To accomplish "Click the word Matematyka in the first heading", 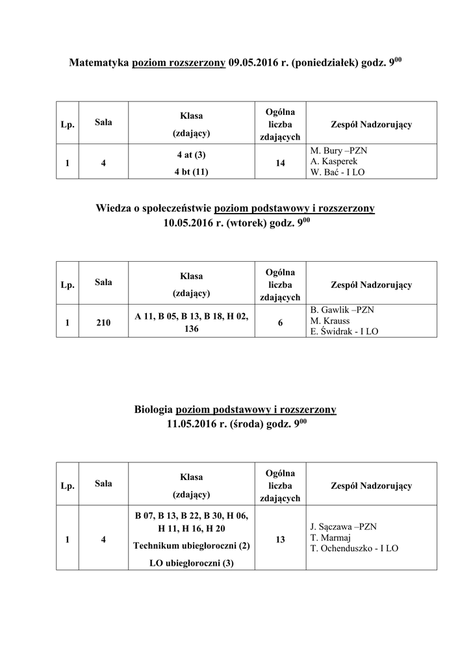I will click(x=99, y=64).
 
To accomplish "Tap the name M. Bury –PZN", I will click(x=339, y=151).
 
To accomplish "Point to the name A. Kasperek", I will click(x=335, y=162).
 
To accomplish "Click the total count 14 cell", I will click(x=280, y=164).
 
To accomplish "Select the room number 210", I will click(x=103, y=323).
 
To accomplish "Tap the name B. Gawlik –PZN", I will click(x=342, y=310).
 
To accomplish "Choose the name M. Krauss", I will click(x=331, y=321).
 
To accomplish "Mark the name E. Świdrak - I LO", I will click(x=344, y=332).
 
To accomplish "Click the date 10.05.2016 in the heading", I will click(x=194, y=225).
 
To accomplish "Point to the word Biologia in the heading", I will click(x=153, y=410).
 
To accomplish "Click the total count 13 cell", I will click(x=280, y=539).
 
